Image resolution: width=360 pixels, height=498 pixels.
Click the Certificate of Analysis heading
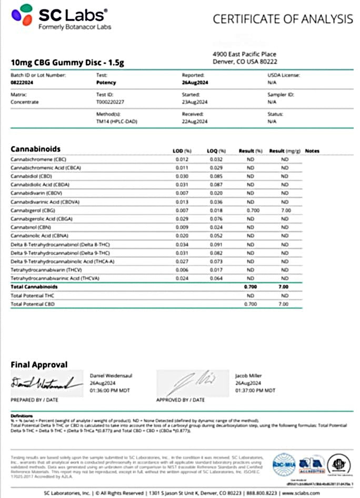click(283, 19)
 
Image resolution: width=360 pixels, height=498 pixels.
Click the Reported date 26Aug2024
click(195, 83)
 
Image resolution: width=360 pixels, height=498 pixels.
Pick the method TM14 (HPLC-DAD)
click(116, 122)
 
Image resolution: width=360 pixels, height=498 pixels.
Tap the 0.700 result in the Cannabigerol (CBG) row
click(252, 210)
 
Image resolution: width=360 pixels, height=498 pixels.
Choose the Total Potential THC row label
click(32, 296)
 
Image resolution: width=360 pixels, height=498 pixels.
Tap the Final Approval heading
click(39, 364)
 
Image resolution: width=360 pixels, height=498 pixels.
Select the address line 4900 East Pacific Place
click(244, 54)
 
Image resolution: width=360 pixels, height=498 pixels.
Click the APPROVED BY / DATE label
click(180, 400)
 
